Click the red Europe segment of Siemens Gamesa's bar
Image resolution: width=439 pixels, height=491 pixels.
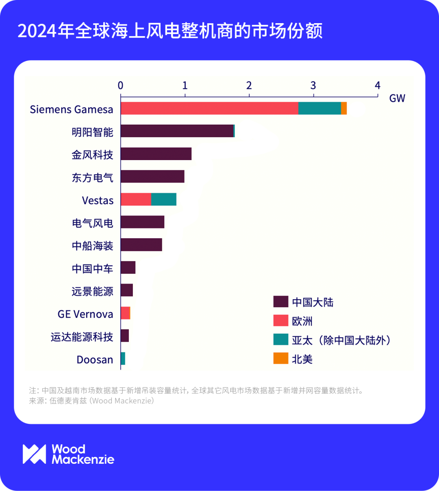point(209,109)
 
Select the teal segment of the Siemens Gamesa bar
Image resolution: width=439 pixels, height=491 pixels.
point(319,109)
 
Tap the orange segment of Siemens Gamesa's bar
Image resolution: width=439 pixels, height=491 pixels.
point(344,109)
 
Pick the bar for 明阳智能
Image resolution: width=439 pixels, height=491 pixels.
point(177,131)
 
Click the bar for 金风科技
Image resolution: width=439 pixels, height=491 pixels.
point(156,154)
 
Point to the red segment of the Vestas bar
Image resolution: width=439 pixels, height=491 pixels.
point(136,200)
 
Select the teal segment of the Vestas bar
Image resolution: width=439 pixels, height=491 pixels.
point(163,200)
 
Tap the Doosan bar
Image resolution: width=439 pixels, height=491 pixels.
point(123,359)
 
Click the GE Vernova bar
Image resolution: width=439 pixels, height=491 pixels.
point(125,313)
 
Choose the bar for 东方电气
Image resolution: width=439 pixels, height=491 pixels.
point(152,177)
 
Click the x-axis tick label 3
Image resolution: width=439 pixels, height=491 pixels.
point(313,85)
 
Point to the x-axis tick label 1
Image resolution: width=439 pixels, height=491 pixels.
point(185,85)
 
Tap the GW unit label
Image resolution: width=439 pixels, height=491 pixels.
point(397,98)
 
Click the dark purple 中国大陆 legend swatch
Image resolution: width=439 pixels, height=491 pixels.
point(280,302)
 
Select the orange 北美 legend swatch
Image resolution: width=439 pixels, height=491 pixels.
point(280,358)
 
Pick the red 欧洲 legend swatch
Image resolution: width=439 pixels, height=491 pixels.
point(280,321)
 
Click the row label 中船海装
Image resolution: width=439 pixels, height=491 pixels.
point(92,246)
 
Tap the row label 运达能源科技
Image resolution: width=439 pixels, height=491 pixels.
point(82,337)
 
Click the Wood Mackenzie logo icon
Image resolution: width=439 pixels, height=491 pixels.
point(34,454)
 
